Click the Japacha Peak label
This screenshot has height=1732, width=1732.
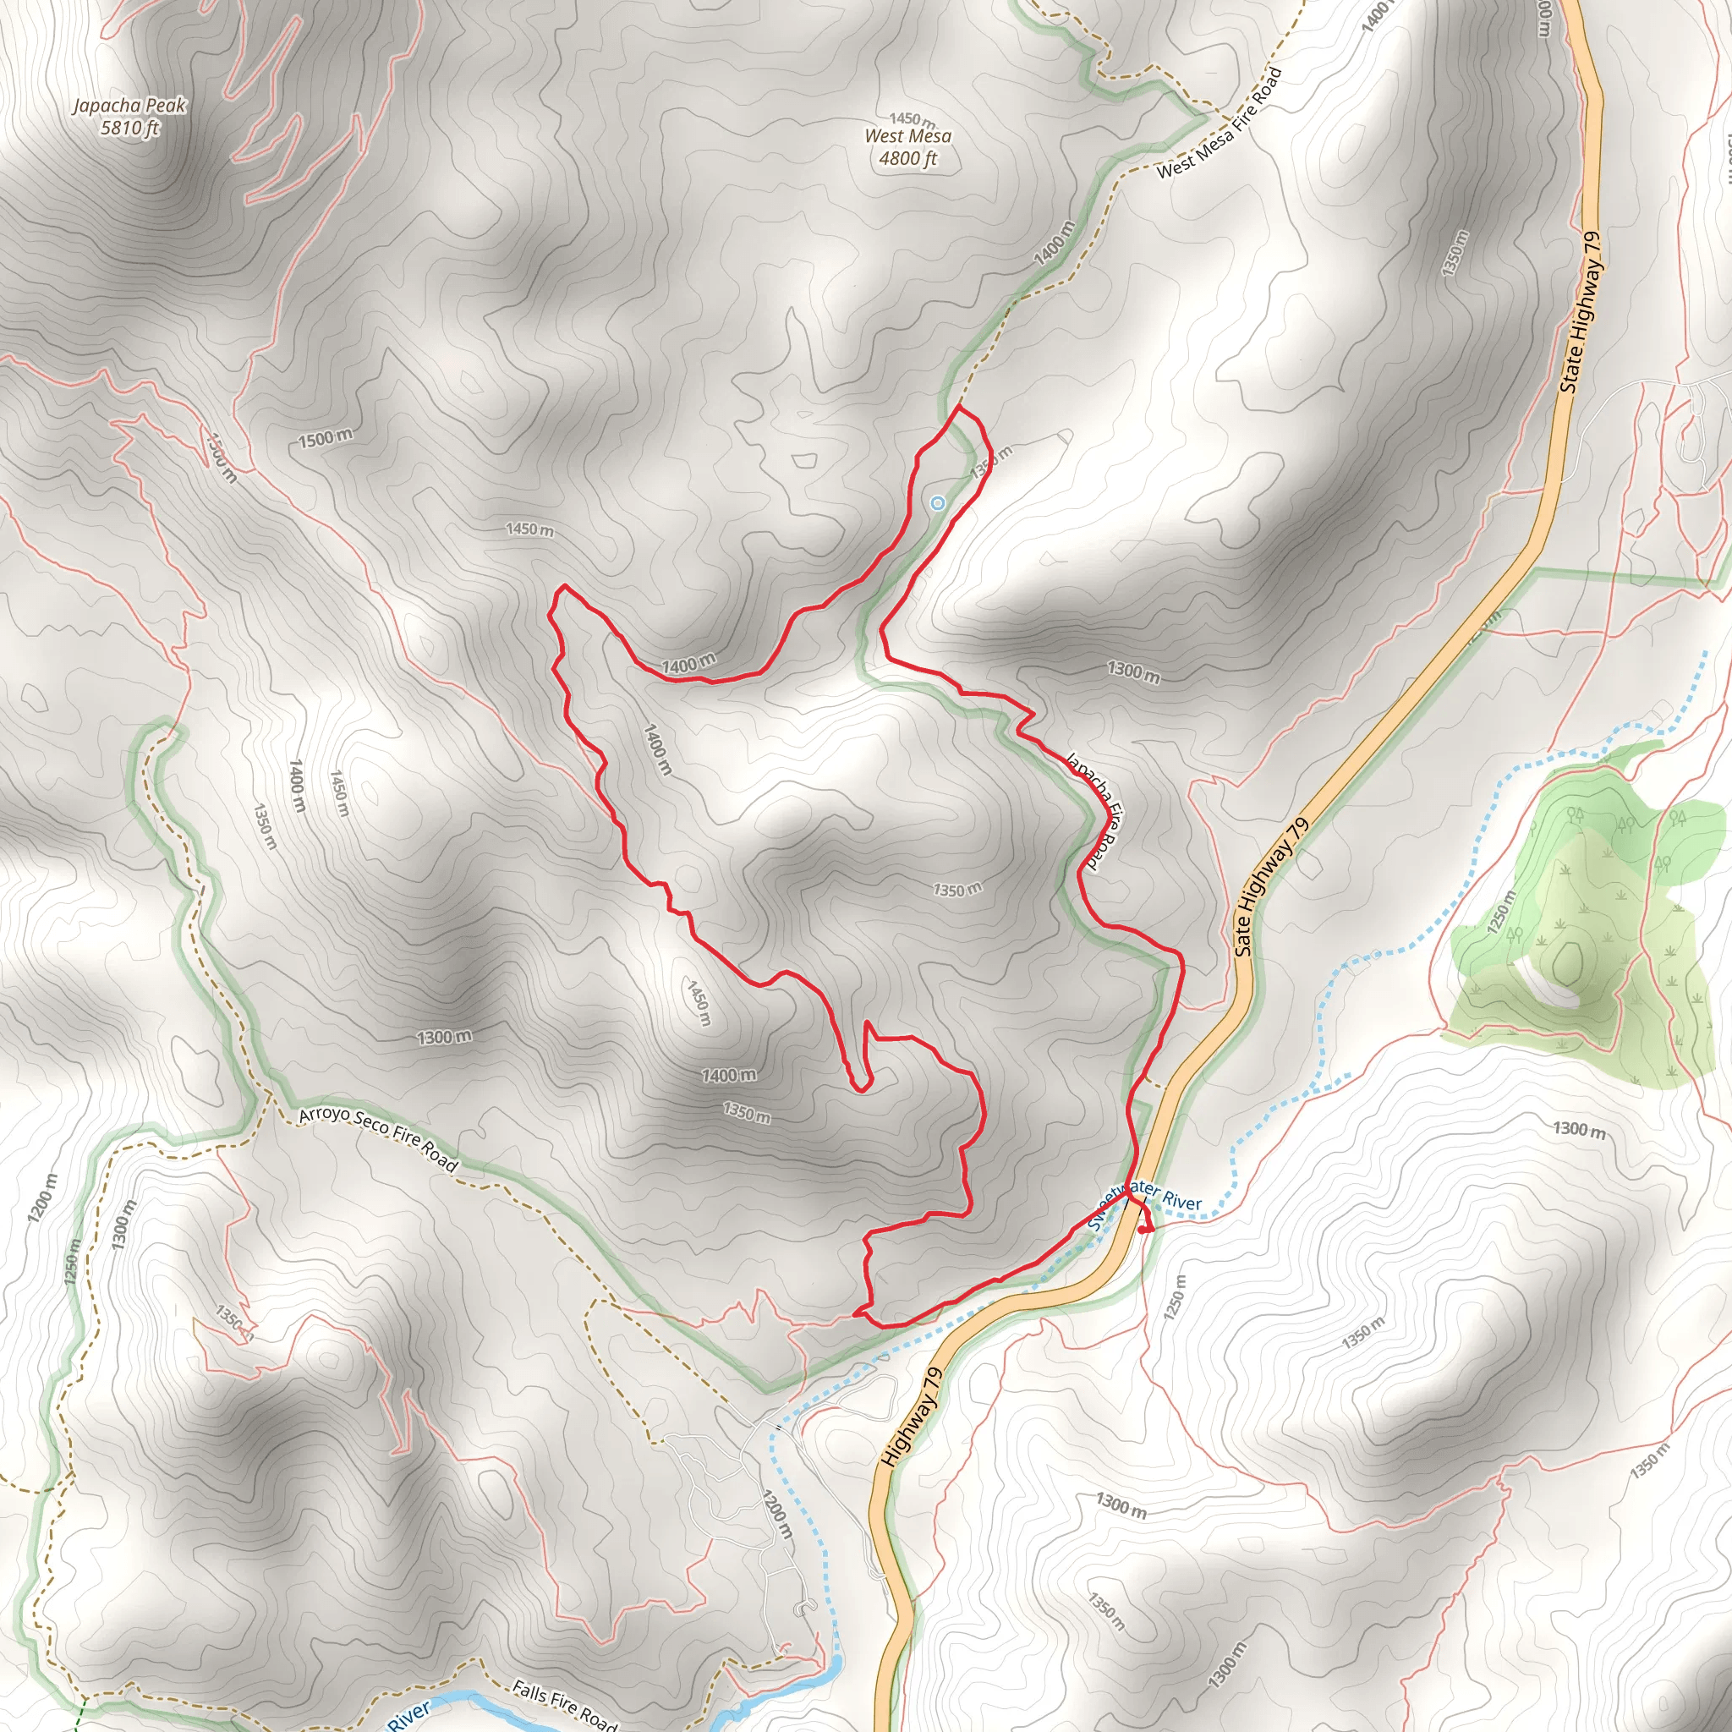click(129, 106)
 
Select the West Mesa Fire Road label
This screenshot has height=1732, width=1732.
click(1220, 124)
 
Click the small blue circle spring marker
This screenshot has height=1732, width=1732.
click(938, 503)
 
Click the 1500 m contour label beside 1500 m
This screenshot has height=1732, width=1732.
click(325, 438)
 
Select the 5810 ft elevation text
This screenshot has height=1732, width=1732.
click(129, 129)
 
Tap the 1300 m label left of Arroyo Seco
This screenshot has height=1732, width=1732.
click(444, 1037)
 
